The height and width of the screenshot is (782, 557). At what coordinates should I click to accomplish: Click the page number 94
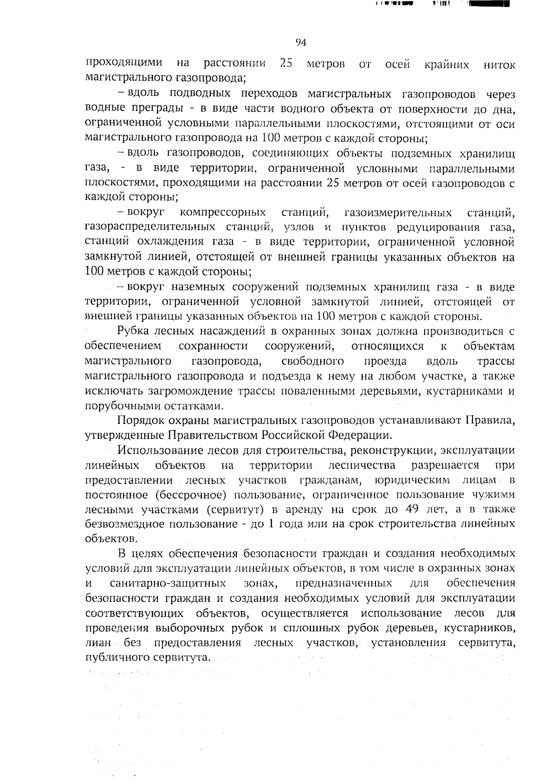301,43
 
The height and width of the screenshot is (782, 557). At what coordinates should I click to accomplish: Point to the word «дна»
503,109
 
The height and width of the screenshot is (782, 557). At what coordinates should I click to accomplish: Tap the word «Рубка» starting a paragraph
133,332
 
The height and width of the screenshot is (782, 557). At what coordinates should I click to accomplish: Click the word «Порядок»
140,421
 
